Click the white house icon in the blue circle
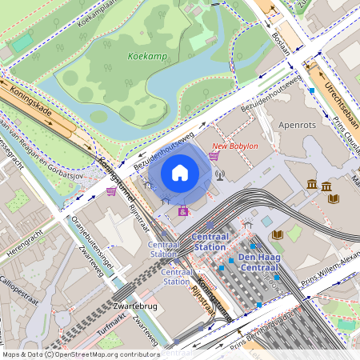[180, 172]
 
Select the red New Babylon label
[234, 146]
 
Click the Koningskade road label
[31, 102]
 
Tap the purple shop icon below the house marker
[184, 211]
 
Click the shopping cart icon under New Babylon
[214, 157]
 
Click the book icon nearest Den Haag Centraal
[277, 234]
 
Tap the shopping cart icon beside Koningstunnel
[110, 192]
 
